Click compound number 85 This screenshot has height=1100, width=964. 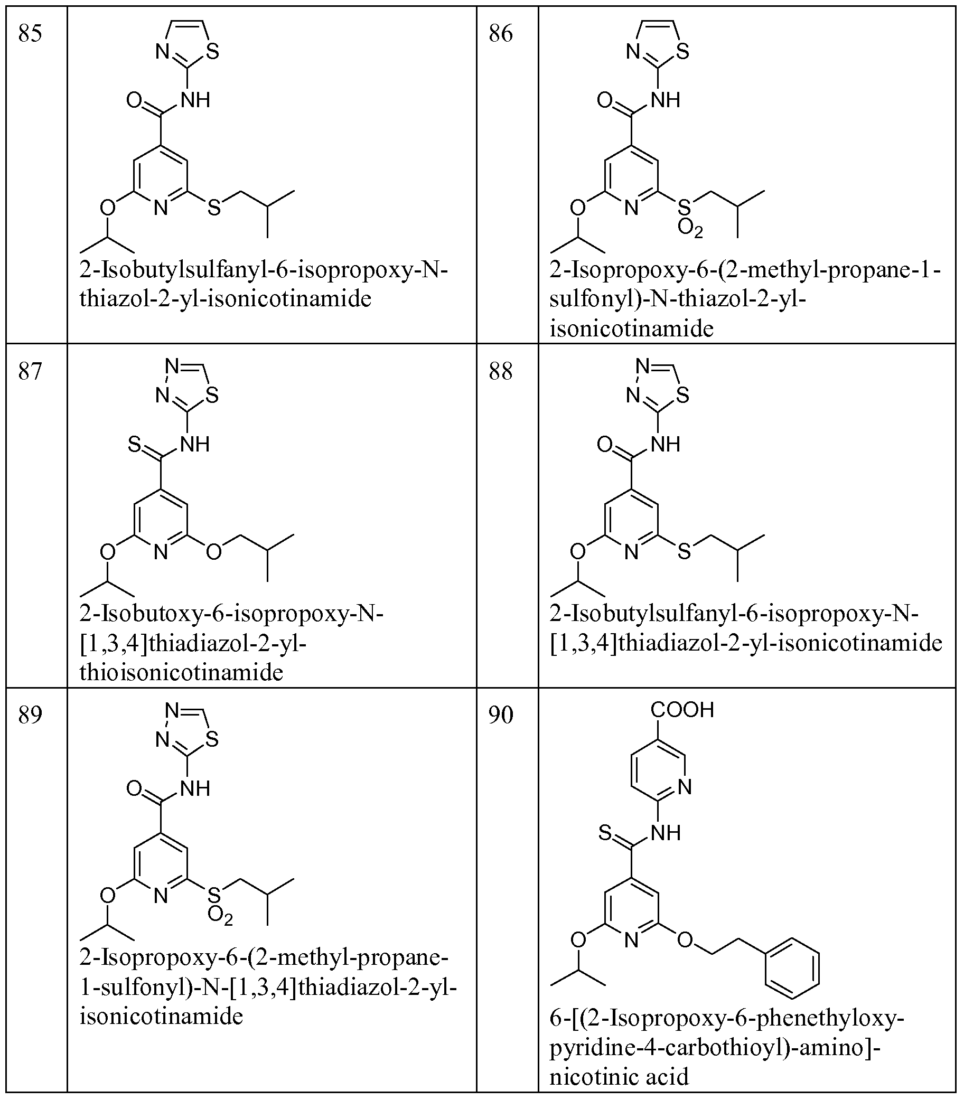pos(30,34)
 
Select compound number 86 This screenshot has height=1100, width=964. pos(501,34)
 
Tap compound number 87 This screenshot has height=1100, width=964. pos(30,372)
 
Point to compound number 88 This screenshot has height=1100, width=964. pos(501,372)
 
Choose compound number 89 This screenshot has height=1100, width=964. pos(30,716)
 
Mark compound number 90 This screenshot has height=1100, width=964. pos(501,716)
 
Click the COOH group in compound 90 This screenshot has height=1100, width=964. pos(682,710)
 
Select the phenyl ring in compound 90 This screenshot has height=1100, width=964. pos(792,968)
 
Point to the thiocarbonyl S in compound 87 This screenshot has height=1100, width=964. pos(134,445)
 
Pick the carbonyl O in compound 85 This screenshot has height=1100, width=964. pos(134,100)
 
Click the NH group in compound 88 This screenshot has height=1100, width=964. pos(666,445)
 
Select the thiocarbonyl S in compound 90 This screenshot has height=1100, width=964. pos(605,833)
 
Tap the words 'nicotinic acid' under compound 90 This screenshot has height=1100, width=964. pos(619,1076)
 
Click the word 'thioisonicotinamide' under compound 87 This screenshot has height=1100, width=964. pos(181,672)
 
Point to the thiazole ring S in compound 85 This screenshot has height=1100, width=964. pos(212,52)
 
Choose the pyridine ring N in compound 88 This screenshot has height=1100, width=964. pos(632,552)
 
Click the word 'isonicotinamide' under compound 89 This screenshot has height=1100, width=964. pos(162,1016)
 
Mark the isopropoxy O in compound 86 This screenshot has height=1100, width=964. pos(578,208)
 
